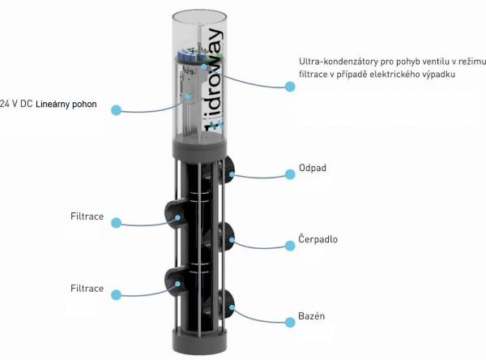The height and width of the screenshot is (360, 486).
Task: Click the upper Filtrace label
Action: tap(87, 216)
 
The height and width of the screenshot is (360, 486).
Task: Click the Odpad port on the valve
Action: tap(230, 167)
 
